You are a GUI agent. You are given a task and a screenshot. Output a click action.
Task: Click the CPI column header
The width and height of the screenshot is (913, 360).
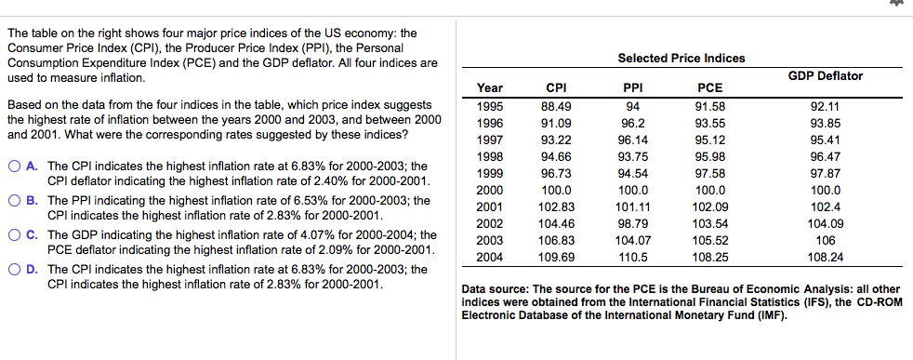tap(556, 88)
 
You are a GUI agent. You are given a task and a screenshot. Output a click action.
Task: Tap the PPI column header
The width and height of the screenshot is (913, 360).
tap(632, 88)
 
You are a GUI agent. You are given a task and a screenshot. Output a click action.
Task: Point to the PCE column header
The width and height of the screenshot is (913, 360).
tap(709, 88)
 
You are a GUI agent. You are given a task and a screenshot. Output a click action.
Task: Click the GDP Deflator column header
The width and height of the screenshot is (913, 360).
tap(826, 75)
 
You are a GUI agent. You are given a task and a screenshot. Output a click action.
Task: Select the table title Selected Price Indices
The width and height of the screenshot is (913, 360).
tap(681, 58)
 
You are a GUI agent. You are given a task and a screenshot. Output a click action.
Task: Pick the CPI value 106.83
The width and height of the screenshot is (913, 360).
tap(556, 239)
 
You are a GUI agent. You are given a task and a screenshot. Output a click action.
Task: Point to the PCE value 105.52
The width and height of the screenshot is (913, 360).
tap(709, 239)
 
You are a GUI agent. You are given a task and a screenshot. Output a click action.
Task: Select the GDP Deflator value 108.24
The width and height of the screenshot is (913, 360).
tap(826, 256)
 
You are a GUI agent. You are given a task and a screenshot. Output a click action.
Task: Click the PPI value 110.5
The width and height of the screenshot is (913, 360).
tap(632, 256)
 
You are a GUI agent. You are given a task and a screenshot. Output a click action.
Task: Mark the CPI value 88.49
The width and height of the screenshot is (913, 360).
tap(556, 105)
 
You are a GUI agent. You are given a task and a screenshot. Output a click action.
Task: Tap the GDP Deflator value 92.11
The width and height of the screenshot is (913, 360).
tap(826, 105)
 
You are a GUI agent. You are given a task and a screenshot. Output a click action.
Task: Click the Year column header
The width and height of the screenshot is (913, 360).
tap(490, 88)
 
